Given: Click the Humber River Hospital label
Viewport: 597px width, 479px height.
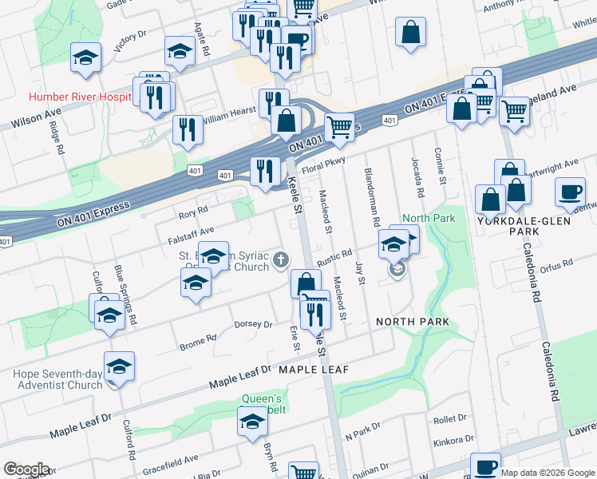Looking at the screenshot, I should pos(80,97).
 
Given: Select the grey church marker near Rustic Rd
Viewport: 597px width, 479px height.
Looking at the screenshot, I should pos(280,259).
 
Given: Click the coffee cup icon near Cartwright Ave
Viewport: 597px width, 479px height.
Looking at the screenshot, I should pos(571,192).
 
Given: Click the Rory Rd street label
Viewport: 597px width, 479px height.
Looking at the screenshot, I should pos(193,213).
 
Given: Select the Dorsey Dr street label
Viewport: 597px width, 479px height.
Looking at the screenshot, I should pos(253,324).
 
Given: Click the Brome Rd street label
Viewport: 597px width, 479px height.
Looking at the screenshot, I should pos(198,338).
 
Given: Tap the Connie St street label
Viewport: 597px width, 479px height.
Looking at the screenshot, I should pos(439,164).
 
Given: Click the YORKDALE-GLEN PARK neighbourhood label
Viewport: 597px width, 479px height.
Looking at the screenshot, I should pos(526,225).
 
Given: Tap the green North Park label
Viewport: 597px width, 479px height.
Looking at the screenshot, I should pos(429,218).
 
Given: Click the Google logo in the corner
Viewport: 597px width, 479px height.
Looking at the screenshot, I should pos(26,469).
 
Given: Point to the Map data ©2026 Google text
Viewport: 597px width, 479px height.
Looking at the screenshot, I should pos(548,473).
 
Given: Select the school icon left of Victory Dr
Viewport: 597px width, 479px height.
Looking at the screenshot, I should pos(85,59).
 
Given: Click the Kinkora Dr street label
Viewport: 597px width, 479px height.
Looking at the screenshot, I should pos(453,441).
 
